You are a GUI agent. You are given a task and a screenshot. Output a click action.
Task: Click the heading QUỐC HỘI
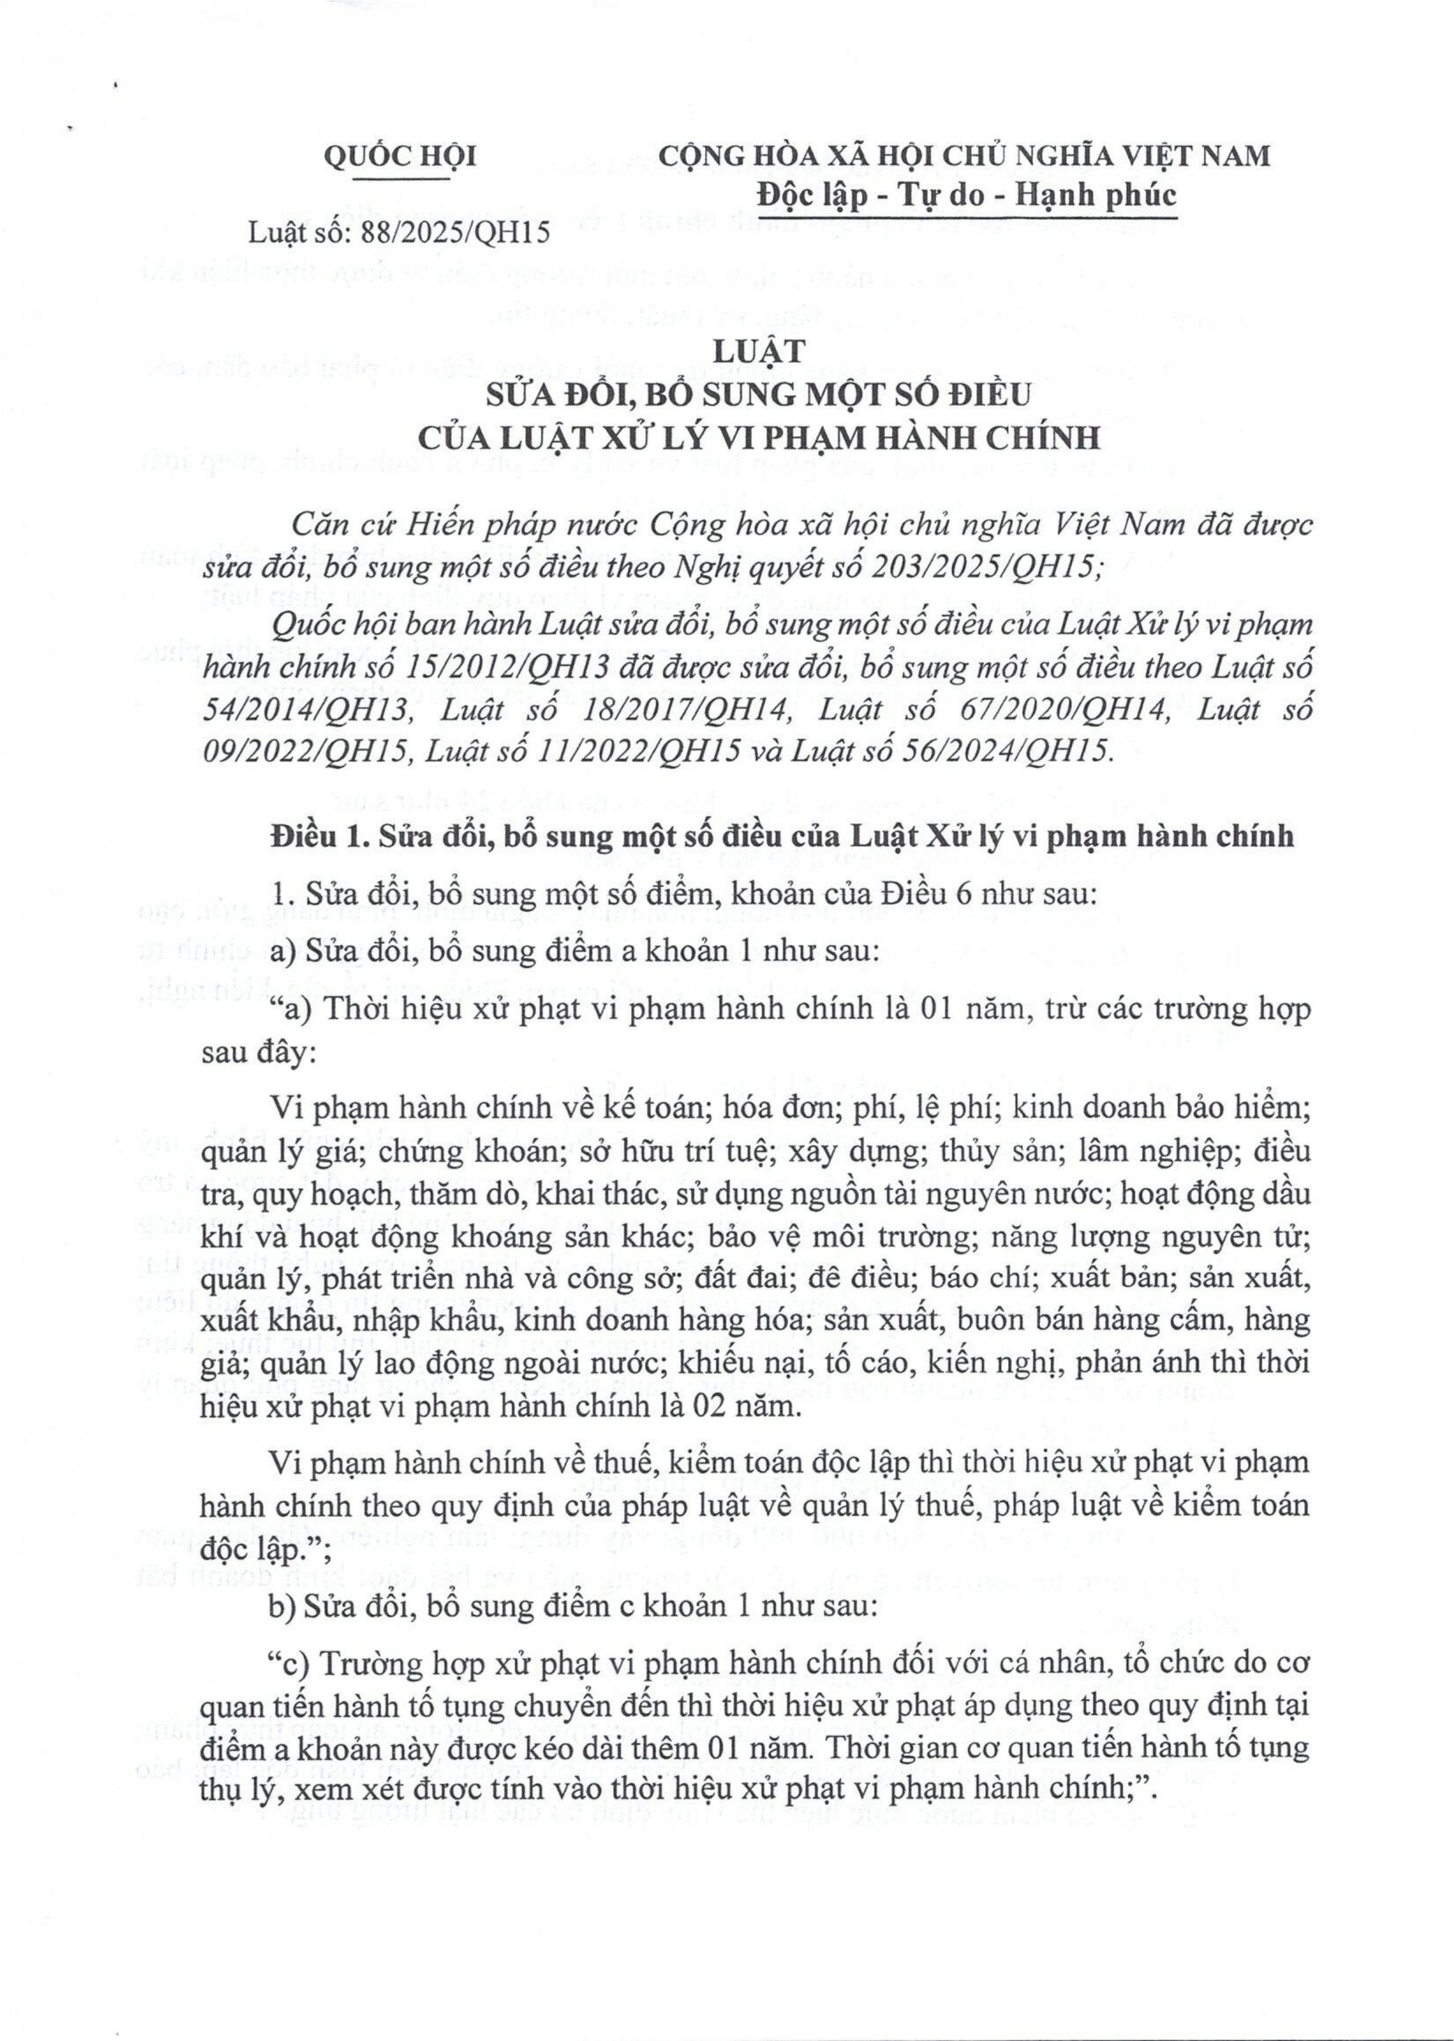tap(399, 157)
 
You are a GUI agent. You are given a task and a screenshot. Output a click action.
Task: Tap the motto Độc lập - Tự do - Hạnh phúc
tap(966, 194)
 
